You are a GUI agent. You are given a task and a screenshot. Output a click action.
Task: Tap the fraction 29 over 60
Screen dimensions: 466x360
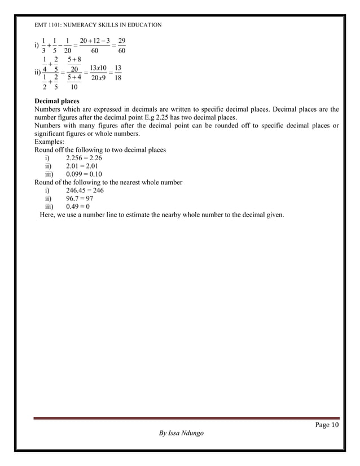[118, 46]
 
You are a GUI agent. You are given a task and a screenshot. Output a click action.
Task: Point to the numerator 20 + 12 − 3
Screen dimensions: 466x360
[94, 41]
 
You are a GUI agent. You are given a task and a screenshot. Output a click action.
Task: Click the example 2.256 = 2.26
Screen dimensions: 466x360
[84, 159]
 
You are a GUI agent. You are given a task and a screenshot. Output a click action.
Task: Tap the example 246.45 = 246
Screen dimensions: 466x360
[85, 191]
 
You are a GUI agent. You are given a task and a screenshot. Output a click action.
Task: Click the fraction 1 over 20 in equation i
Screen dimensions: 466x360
[67, 46]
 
